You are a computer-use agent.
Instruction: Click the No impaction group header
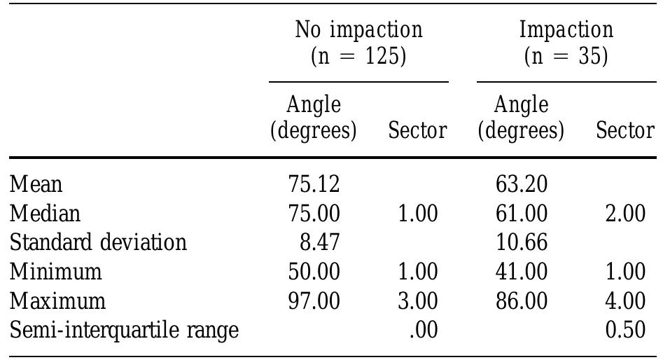[x=358, y=43]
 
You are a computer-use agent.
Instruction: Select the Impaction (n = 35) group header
[x=566, y=43]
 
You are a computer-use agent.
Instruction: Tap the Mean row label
[x=36, y=184]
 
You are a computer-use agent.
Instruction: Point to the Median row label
[x=46, y=213]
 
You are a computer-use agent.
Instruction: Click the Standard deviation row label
[x=98, y=242]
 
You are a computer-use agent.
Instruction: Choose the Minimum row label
[x=56, y=271]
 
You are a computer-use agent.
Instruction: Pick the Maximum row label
[x=58, y=300]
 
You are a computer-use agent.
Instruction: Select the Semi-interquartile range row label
[x=125, y=329]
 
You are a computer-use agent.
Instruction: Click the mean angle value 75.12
[x=314, y=184]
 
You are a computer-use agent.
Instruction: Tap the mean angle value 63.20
[x=521, y=184]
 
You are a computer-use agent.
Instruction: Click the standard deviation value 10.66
[x=521, y=242]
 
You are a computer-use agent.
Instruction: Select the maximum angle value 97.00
[x=314, y=300]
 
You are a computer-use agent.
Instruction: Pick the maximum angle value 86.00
[x=521, y=300]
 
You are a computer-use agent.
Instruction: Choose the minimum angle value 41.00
[x=521, y=271]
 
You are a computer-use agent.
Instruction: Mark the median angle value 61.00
[x=521, y=213]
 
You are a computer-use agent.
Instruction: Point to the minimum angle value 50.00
[x=314, y=271]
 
